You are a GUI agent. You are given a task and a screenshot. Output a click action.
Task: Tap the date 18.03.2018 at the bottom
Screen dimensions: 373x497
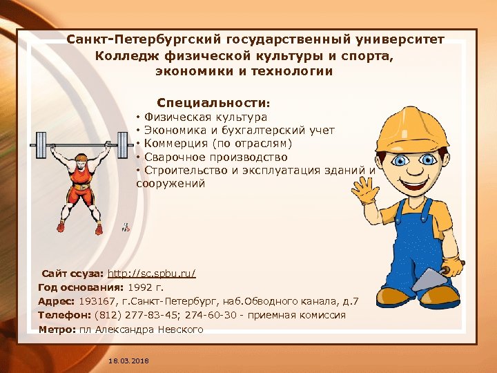[128, 361]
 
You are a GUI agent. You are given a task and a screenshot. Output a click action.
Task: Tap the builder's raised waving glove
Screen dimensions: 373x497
[364, 189]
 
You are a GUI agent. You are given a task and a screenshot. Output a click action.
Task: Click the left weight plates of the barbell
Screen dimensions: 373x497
[41, 146]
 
